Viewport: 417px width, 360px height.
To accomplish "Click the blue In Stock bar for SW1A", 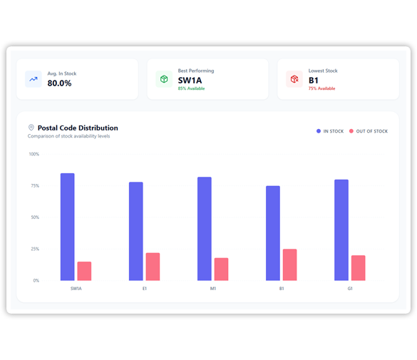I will [x=67, y=227].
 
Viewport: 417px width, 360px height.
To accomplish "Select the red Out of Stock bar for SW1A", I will [x=84, y=271].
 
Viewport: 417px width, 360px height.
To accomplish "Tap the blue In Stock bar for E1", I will [x=135, y=231].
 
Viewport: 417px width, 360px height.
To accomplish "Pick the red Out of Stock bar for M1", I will [x=221, y=269].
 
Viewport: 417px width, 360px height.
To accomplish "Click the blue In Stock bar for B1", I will [x=272, y=233].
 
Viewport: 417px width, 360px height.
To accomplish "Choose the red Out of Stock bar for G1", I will [x=358, y=267].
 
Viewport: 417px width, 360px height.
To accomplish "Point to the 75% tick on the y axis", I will [x=34, y=185].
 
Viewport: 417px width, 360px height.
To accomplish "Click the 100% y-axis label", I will [x=34, y=154].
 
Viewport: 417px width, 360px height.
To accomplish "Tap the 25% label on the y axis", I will [x=34, y=249].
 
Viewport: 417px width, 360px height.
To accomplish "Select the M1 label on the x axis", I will [x=213, y=289].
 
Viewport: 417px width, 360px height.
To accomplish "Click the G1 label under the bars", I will [x=350, y=289].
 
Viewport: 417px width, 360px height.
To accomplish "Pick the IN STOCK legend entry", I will [x=330, y=131].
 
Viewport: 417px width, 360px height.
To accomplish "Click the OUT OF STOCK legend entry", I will [x=369, y=131].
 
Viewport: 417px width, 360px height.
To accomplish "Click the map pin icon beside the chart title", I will [x=31, y=128].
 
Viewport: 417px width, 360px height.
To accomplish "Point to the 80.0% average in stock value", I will [x=59, y=83].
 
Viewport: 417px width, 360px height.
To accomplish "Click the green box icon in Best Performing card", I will [x=164, y=79].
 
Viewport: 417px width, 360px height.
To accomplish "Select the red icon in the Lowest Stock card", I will [x=294, y=79].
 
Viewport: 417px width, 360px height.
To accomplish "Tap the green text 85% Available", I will [x=191, y=89].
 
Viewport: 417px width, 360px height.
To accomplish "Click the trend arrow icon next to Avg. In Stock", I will [x=34, y=79].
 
